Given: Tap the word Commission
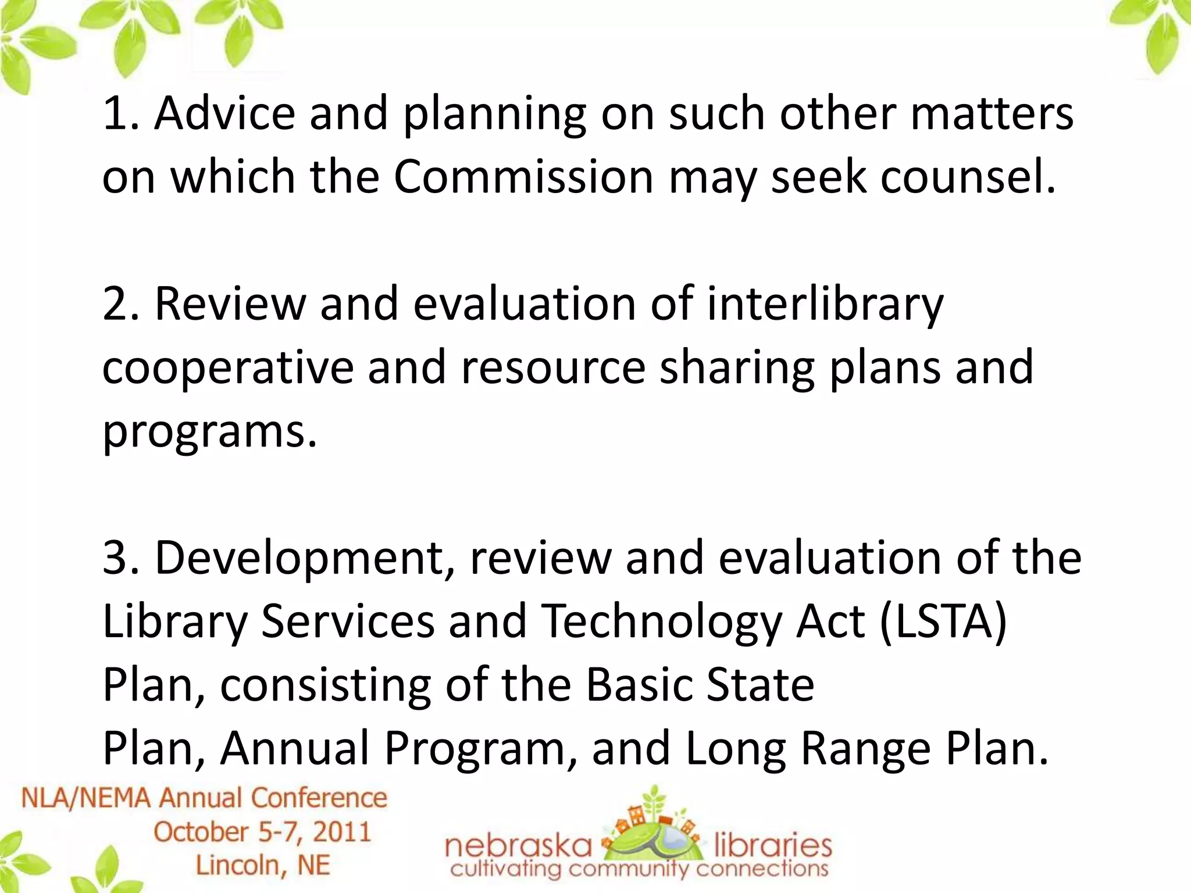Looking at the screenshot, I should click(x=523, y=177).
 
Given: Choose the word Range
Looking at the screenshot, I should click(x=866, y=749).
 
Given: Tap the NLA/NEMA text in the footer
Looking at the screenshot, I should click(x=87, y=798).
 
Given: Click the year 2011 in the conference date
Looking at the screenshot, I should click(x=342, y=832).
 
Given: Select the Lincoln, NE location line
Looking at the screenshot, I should click(x=263, y=865).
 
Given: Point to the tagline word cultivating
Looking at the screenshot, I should click(x=506, y=869).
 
